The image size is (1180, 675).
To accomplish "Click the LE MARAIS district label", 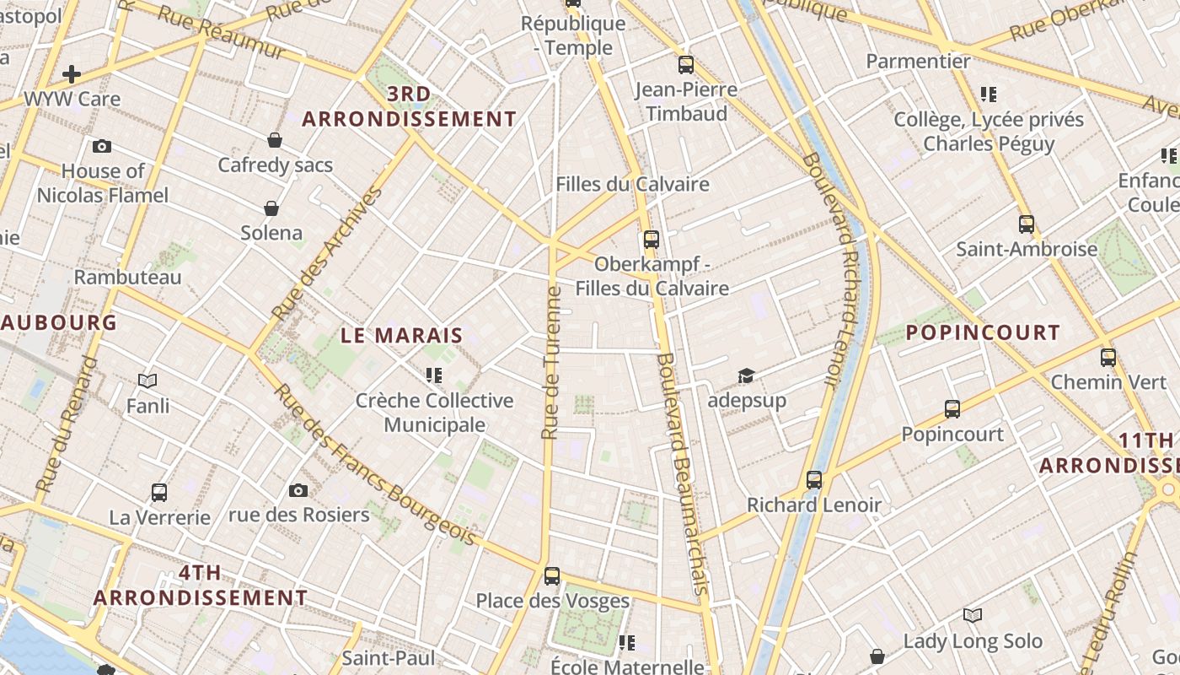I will coord(402,335).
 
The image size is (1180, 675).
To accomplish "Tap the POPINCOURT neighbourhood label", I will coord(982,332).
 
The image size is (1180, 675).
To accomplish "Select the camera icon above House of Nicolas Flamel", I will coord(102,147).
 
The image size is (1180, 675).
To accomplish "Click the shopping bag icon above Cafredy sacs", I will coord(275,140).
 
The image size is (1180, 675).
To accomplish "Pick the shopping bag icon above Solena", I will coord(271,208).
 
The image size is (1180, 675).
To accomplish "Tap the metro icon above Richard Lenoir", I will coord(813,480).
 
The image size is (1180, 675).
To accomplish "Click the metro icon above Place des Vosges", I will coord(552,576).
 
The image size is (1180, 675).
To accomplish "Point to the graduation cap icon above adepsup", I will coord(746,375).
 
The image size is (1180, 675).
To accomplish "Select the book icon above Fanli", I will coord(147,381).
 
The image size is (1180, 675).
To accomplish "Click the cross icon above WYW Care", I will coord(72,74).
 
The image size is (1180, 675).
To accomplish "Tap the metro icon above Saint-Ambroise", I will coord(1026,224).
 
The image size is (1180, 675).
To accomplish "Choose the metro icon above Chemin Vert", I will coord(1108,358).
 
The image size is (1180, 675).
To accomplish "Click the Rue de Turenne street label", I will coord(551,363).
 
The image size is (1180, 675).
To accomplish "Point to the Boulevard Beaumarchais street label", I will coord(683,472).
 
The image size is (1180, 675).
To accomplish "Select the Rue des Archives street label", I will coord(326,253).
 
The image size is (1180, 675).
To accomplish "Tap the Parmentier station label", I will coord(918,61).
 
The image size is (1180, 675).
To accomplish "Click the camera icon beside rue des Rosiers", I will coord(298,490).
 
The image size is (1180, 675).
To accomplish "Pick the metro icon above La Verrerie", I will coord(159,493).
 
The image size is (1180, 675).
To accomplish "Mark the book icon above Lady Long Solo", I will coord(973,616).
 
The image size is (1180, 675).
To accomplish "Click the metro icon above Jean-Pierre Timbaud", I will coord(685,65).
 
